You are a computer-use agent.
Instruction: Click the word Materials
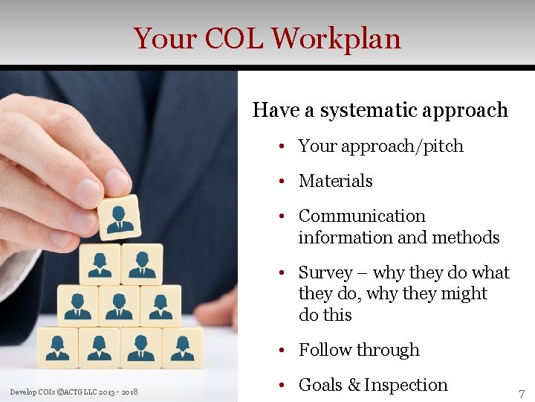335,181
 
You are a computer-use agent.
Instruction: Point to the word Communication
362,216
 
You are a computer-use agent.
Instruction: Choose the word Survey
325,272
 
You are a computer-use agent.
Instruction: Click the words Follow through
359,350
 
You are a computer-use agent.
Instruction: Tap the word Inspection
406,385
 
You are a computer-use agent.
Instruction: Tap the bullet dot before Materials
284,181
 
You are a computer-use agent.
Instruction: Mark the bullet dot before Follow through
284,350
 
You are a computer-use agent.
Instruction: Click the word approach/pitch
402,146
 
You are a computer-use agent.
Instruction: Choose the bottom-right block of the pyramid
181,347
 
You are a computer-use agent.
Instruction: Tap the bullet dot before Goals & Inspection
284,385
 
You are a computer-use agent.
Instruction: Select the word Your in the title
164,39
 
